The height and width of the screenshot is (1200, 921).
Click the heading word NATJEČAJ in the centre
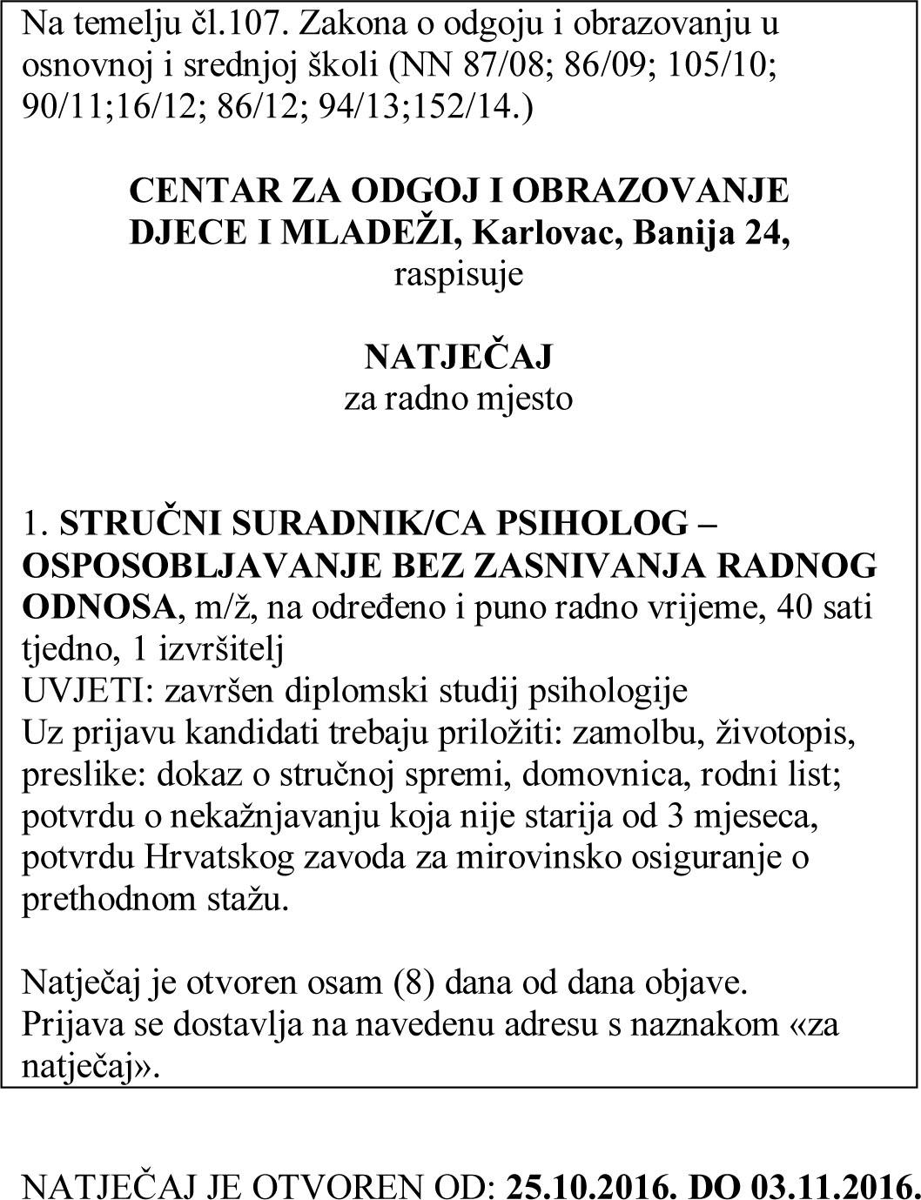click(458, 357)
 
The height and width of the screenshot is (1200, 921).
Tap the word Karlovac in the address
click(548, 233)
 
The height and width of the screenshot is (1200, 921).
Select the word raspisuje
click(459, 275)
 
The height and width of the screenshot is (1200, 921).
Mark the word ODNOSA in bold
click(97, 607)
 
